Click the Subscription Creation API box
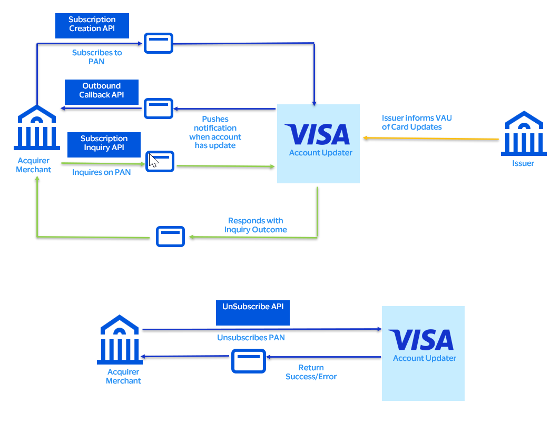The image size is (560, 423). tap(92, 25)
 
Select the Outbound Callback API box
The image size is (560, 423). tap(101, 91)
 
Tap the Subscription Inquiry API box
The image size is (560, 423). tap(104, 144)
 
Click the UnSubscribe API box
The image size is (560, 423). tap(253, 312)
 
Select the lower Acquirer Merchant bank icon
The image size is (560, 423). tap(120, 340)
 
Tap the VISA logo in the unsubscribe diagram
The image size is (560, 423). tap(421, 340)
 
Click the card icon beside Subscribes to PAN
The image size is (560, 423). tap(159, 43)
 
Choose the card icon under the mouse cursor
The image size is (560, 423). tap(160, 161)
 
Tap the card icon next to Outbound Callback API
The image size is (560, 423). tap(159, 108)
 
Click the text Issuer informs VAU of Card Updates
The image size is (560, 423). tap(416, 123)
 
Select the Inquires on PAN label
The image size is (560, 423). tap(101, 172)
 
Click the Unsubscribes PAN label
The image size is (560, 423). tap(251, 337)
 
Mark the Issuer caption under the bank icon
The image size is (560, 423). tap(523, 163)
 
